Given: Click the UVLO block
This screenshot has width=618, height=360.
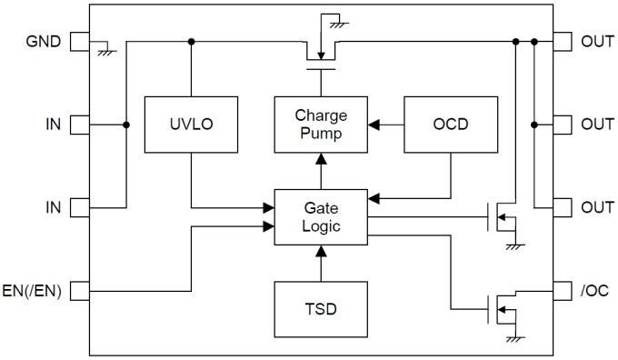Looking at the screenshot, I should click(192, 123).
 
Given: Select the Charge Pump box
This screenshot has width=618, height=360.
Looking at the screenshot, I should click(321, 123).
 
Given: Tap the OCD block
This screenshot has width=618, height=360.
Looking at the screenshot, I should click(450, 123).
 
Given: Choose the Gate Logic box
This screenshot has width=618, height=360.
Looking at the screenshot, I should click(321, 216).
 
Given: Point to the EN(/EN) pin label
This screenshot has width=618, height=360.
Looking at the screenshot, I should click(33, 291).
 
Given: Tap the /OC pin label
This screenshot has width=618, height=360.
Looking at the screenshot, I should click(595, 291).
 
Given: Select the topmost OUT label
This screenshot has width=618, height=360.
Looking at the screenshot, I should click(597, 42).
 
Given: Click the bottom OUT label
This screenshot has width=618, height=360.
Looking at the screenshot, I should click(597, 207).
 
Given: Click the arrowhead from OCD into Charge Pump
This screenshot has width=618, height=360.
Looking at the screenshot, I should click(373, 123).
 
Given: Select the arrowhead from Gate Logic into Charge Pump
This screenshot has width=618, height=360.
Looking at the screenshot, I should click(321, 157).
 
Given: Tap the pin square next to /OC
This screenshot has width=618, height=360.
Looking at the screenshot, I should click(563, 291).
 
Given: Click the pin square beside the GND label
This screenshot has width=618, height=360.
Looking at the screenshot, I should click(80, 42).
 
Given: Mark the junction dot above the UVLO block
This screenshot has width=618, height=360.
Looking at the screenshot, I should click(192, 42).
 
